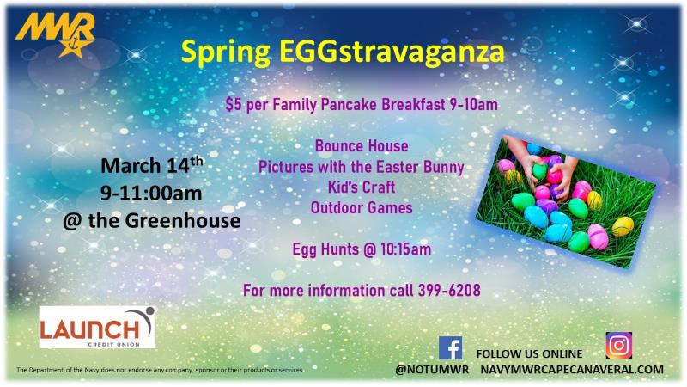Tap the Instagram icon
click(618, 344)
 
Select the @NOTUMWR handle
click(431, 369)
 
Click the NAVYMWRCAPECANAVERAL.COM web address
click(572, 369)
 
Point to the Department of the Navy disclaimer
click(160, 370)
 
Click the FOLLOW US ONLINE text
click(528, 353)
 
